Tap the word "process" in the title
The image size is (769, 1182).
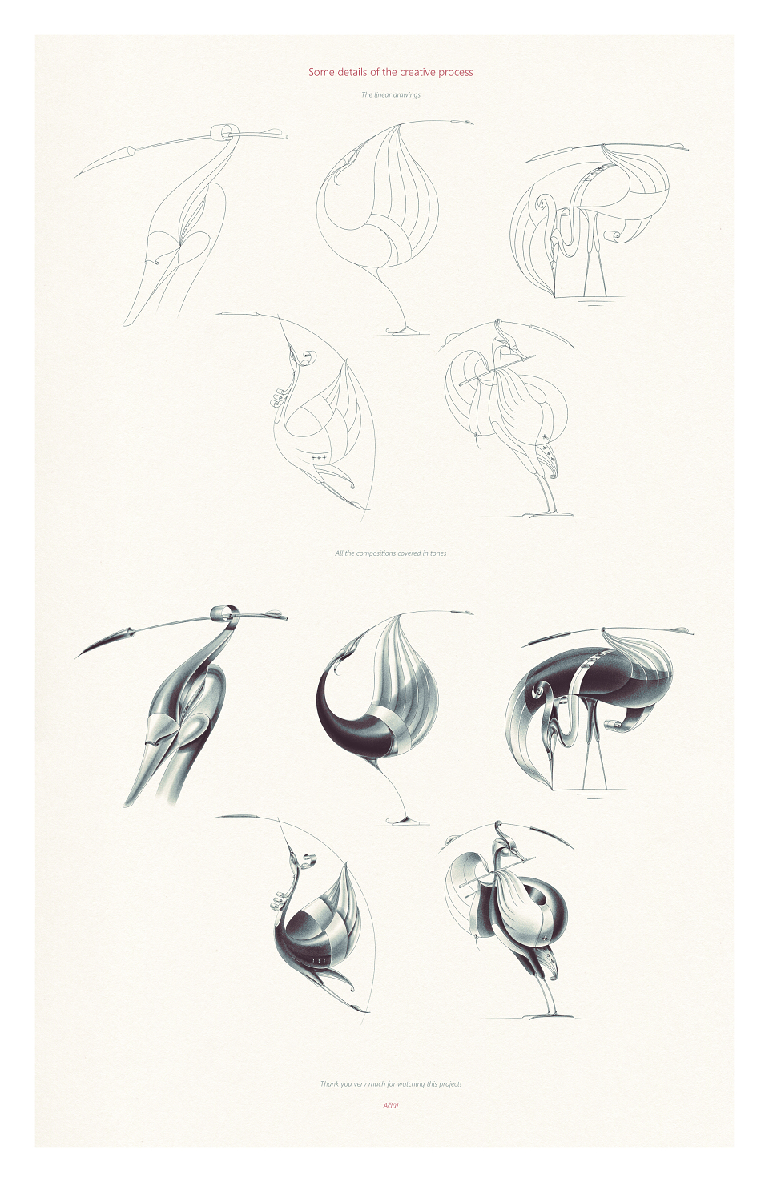pos(455,73)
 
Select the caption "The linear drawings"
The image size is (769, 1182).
pos(391,95)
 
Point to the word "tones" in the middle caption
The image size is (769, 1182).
pos(437,553)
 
